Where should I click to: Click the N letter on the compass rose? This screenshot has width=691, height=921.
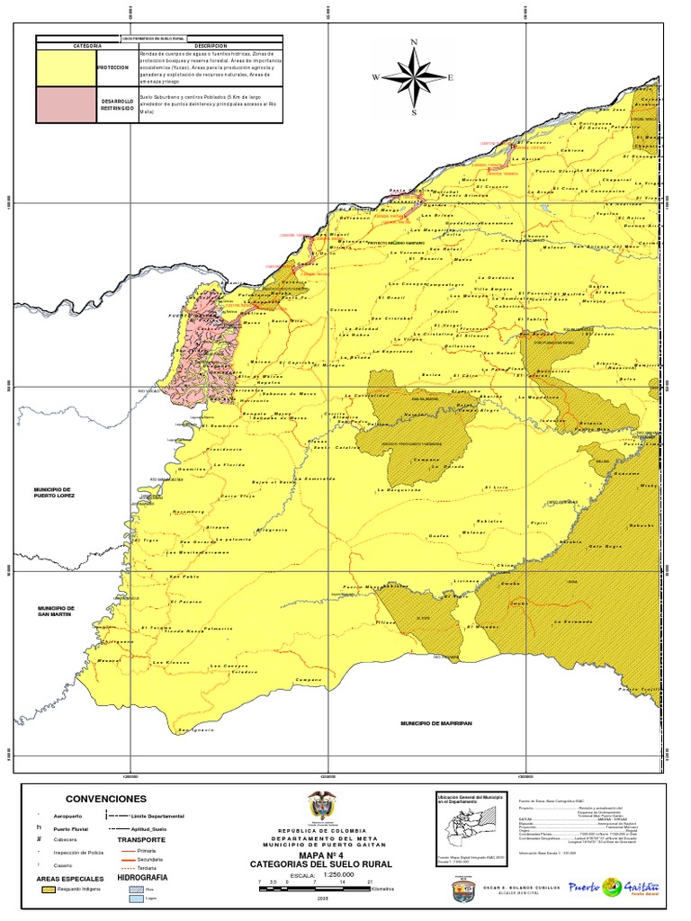click(x=414, y=42)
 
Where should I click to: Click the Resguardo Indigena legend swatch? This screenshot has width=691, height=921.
click(x=49, y=888)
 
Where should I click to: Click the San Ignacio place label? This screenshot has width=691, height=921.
click(x=198, y=729)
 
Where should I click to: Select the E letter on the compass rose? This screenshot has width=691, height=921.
click(x=450, y=78)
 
